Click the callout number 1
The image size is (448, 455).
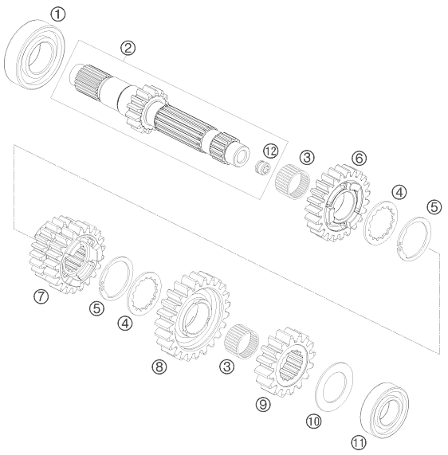click(57, 14)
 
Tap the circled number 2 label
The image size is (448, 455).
click(128, 48)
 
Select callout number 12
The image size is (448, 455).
click(270, 151)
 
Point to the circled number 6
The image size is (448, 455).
click(360, 159)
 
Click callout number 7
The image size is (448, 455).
click(41, 296)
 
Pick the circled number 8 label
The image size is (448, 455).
click(159, 367)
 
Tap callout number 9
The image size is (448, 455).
click(263, 404)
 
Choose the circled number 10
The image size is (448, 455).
click(313, 421)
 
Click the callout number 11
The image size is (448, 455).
click(359, 443)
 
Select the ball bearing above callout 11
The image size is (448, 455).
click(384, 410)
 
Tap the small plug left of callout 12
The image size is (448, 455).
click(262, 168)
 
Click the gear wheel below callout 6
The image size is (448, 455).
click(337, 203)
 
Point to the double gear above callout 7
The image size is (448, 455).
click(68, 254)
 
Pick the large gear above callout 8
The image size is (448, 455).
click(193, 316)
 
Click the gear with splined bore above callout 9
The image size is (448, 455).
click(285, 363)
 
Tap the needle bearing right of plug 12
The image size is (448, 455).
click(292, 182)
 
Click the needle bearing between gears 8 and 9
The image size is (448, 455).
click(242, 341)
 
